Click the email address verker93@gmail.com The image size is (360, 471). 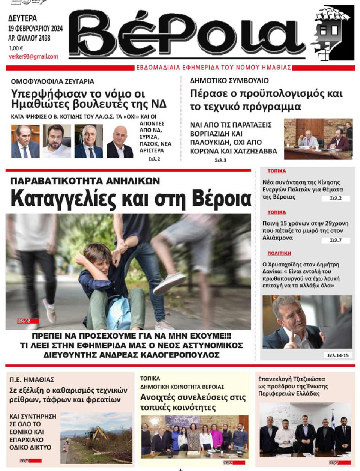click(33, 57)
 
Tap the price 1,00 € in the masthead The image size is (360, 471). click(16, 48)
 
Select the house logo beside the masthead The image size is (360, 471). click(333, 33)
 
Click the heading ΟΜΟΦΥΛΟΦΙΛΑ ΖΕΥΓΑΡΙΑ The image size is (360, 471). click(52, 81)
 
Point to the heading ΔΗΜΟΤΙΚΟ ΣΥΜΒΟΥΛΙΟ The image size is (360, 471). click(229, 81)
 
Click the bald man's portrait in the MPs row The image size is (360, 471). click(120, 142)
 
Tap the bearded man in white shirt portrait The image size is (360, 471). click(57, 141)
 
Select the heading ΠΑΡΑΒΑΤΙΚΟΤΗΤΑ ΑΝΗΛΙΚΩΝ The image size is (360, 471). click(85, 181)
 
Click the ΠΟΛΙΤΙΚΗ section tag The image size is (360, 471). click(279, 253)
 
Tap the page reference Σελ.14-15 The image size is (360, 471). click(338, 355)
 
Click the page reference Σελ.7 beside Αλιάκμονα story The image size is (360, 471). click(336, 240)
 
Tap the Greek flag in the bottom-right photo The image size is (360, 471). click(332, 420)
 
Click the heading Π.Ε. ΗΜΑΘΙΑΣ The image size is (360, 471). click(32, 379)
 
